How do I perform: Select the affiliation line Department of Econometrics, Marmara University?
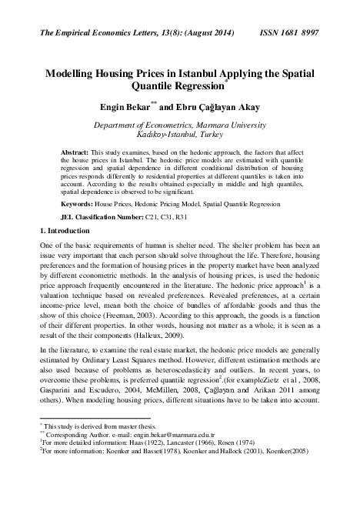tap(179, 125)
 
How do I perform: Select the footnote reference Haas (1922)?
tap(138, 485)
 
